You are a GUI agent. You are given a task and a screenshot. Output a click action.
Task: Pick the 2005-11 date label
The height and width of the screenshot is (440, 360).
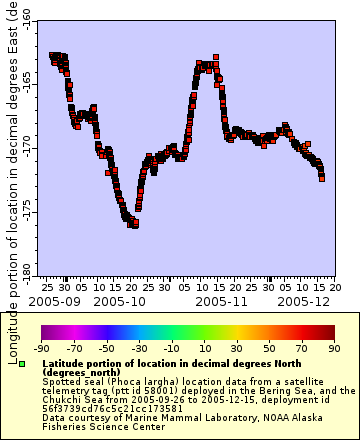tap(221, 300)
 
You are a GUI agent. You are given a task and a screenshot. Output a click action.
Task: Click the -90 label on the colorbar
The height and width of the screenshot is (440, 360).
tap(42, 348)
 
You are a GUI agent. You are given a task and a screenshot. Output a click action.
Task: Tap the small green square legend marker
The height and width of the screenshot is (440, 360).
tap(34, 364)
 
